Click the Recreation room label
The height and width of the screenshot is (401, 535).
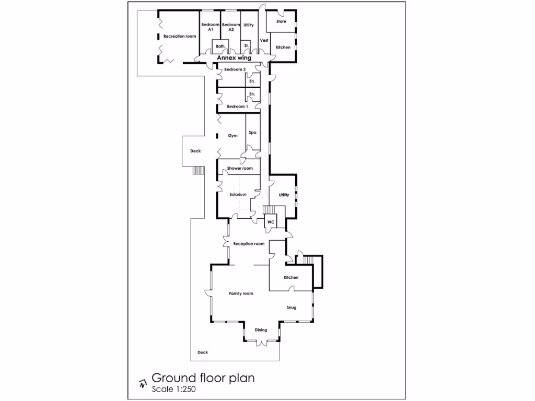click(180, 37)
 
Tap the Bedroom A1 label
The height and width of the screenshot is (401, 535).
click(210, 27)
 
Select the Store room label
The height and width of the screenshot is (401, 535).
click(281, 22)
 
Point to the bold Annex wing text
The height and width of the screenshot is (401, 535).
click(234, 58)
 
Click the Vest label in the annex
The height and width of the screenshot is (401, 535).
click(264, 40)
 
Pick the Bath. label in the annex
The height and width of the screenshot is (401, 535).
click(220, 46)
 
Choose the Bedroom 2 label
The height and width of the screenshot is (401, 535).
click(235, 69)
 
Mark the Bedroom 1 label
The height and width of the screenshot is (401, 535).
click(237, 107)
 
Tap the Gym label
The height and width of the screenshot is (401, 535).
click(232, 136)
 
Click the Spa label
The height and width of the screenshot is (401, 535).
click(252, 133)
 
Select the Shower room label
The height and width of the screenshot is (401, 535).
click(240, 168)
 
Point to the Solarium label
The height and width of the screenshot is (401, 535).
click(238, 195)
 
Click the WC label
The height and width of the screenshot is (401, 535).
click(271, 222)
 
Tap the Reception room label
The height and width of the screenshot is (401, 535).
click(249, 244)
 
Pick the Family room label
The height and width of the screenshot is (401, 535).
click(241, 293)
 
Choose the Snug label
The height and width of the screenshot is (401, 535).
click(291, 308)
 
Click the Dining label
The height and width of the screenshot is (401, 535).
click(261, 330)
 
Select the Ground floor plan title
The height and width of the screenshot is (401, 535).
click(203, 378)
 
